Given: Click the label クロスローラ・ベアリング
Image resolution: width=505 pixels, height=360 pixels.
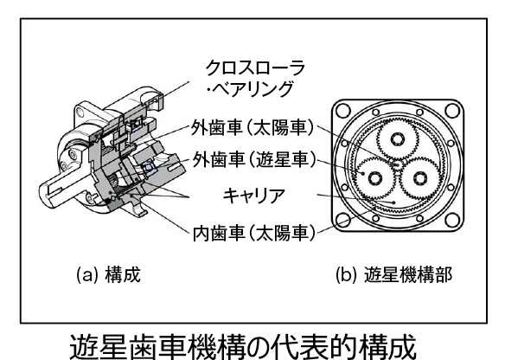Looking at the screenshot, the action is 254,79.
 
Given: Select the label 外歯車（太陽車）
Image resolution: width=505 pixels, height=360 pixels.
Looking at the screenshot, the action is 252,128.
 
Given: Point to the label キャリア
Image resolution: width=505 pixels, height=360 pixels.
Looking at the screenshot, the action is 254,196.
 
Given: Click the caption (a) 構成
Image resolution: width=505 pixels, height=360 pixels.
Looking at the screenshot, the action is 109,275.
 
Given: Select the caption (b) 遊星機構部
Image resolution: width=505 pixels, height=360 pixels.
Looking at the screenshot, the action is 394,275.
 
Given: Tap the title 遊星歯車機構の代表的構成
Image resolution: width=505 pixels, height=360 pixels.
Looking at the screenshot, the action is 242,347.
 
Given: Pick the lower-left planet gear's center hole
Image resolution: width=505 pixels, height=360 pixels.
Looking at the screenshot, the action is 375,178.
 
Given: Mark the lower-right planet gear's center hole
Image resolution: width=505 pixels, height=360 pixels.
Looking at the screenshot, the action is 419,178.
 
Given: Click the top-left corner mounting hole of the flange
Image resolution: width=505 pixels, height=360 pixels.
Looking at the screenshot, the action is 342,111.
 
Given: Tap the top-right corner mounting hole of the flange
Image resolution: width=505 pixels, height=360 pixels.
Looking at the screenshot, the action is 452,111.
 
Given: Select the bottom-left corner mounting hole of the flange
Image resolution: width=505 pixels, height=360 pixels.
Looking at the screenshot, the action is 342,220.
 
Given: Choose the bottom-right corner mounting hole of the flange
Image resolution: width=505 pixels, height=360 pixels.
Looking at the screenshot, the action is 452,220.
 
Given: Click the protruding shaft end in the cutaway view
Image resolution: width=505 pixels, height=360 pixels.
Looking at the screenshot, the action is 52,192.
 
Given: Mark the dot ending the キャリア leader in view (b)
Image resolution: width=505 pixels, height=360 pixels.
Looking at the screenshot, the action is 393,202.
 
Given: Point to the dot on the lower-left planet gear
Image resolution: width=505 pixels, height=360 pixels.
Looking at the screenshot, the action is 363,173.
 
